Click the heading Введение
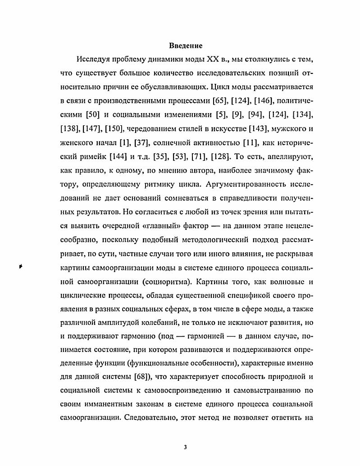click(x=186, y=46)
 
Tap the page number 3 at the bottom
click(x=185, y=447)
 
